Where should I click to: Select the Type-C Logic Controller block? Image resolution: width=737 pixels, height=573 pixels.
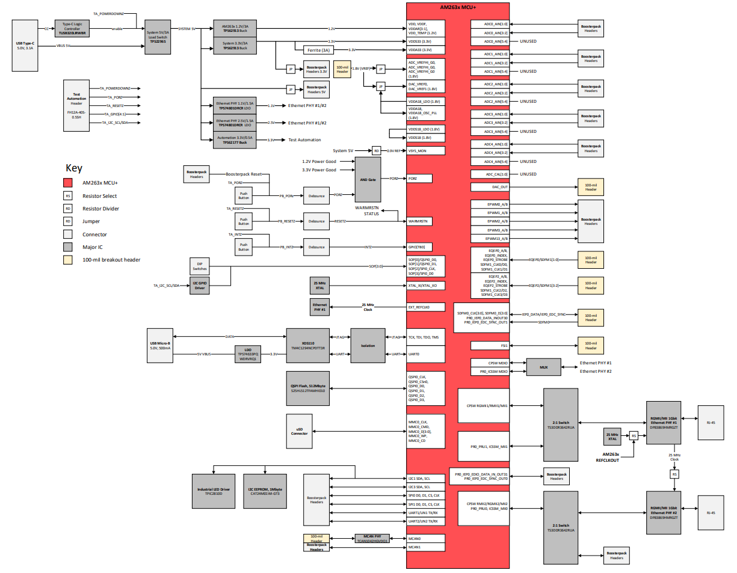click(x=72, y=28)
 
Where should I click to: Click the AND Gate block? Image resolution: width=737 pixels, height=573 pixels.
click(x=368, y=179)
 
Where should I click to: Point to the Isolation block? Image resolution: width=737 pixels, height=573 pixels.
click(x=367, y=346)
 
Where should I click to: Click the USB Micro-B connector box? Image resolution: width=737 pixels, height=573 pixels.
click(x=159, y=346)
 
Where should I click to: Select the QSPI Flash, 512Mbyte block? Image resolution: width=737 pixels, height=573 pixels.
click(x=307, y=388)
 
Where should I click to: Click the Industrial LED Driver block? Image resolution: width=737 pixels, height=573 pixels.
click(x=214, y=491)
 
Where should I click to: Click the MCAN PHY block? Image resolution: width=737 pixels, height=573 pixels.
click(x=372, y=538)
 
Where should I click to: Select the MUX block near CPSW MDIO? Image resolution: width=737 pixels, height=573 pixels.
click(x=543, y=367)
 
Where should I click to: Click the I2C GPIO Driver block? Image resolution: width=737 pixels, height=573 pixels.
click(x=199, y=285)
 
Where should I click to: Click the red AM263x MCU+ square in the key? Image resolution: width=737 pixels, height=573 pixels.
click(x=69, y=183)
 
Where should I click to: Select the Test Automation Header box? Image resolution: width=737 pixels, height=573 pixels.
click(x=76, y=105)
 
